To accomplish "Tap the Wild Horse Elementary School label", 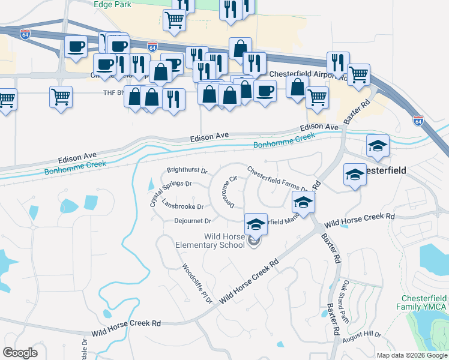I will pyautogui.click(x=210, y=240).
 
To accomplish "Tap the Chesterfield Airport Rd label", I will pyautogui.click(x=308, y=74).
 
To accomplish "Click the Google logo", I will pyautogui.click(x=20, y=353).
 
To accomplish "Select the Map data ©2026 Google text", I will pyautogui.click(x=412, y=355).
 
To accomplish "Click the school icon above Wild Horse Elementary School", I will pyautogui.click(x=256, y=224).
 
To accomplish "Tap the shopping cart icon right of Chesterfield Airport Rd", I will pyautogui.click(x=358, y=75).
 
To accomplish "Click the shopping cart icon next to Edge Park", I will pyautogui.click(x=174, y=19).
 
